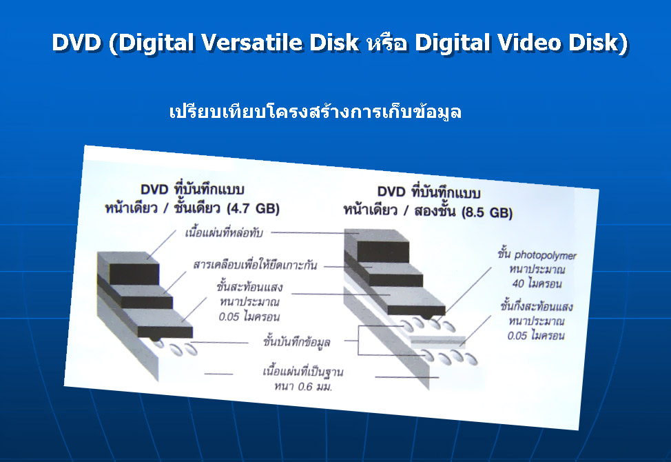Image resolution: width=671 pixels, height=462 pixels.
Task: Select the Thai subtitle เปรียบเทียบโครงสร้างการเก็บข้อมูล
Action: pyautogui.click(x=316, y=112)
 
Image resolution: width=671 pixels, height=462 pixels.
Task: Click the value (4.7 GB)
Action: pyautogui.click(x=253, y=208)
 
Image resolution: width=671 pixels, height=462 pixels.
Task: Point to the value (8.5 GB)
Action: pyautogui.click(x=487, y=212)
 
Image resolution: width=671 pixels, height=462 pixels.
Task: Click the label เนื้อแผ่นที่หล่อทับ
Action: pyautogui.click(x=224, y=233)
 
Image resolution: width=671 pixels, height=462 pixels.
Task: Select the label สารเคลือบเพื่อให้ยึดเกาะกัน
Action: pyautogui.click(x=255, y=265)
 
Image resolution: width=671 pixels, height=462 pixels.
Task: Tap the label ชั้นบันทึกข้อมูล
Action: pyautogui.click(x=296, y=342)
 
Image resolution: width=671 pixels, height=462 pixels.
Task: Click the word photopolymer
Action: pyautogui.click(x=545, y=255)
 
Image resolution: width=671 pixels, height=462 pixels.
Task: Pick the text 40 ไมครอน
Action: pyautogui.click(x=537, y=283)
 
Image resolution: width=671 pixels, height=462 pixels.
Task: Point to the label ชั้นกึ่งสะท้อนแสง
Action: pyautogui.click(x=537, y=306)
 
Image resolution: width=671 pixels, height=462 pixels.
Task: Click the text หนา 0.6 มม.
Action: pyautogui.click(x=303, y=387)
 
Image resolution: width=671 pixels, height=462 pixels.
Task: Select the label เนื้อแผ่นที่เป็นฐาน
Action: pyautogui.click(x=303, y=371)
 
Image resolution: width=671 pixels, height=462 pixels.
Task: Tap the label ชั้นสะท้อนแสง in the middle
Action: pyautogui.click(x=249, y=286)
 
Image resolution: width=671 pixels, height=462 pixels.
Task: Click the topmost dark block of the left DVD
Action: pyautogui.click(x=134, y=274)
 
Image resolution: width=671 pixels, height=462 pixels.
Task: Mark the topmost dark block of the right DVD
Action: pyautogui.click(x=382, y=252)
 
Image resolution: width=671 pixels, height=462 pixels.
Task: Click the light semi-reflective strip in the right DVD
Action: pyautogui.click(x=437, y=342)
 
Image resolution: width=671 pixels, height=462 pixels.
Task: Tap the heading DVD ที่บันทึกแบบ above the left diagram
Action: pyautogui.click(x=192, y=189)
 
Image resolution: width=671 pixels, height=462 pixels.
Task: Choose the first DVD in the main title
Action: pyautogui.click(x=76, y=42)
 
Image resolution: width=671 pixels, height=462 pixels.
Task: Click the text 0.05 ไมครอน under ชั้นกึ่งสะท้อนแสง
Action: pyautogui.click(x=536, y=335)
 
